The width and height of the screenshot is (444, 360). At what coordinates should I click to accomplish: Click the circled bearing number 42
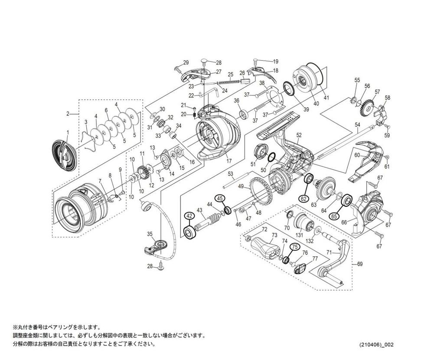click(189, 216)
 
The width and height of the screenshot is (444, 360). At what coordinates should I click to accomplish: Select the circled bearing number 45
click(220, 198)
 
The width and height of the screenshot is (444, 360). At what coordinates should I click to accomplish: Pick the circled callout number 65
click(334, 216)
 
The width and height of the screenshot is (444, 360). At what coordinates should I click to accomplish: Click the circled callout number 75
click(294, 246)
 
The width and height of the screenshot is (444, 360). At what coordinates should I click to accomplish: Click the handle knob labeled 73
click(265, 248)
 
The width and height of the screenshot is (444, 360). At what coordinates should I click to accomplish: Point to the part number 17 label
click(229, 161)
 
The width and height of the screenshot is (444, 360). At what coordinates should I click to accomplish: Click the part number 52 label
click(299, 135)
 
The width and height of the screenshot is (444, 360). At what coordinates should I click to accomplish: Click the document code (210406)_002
click(376, 345)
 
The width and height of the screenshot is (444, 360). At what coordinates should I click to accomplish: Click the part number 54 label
click(357, 125)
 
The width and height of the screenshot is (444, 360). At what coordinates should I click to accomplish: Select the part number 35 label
click(150, 234)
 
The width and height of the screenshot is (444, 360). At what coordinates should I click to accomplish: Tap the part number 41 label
click(326, 98)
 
